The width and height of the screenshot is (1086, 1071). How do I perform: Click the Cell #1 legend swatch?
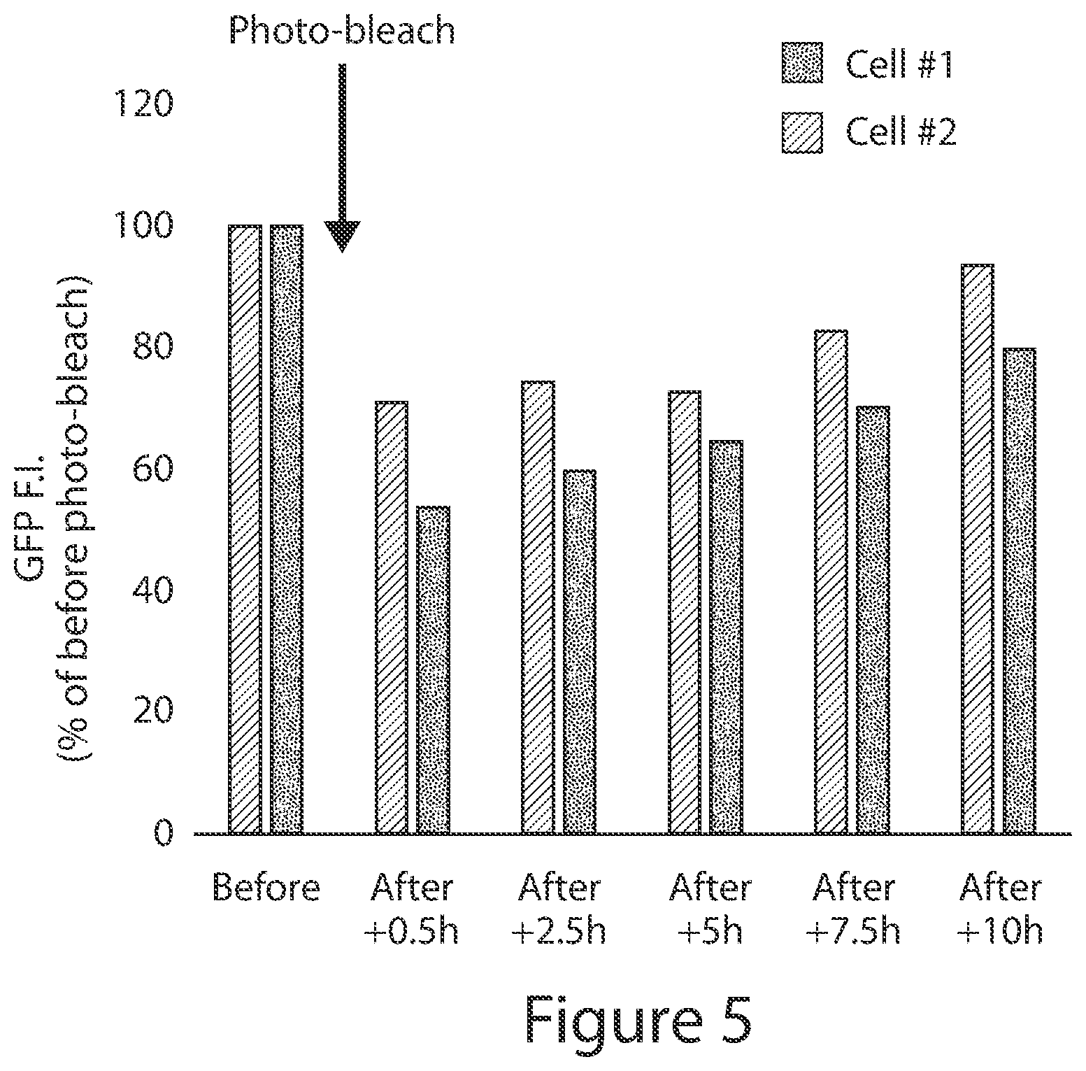tap(802, 64)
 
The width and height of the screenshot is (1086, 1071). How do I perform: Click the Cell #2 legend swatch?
tap(802, 132)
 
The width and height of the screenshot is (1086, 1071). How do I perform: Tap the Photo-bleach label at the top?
tap(342, 31)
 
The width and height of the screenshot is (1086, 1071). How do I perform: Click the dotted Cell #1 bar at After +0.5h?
tap(433, 670)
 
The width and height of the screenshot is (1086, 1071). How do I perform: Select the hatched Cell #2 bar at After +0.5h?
tap(392, 618)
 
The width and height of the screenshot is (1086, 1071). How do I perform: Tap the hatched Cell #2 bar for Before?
tap(245, 530)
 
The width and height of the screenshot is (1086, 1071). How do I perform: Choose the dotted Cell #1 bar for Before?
tap(287, 530)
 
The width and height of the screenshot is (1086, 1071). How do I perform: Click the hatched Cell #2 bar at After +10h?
tap(978, 549)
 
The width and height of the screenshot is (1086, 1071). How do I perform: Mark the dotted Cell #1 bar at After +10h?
tap(1019, 591)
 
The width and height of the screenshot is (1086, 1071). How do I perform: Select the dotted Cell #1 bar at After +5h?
tap(727, 637)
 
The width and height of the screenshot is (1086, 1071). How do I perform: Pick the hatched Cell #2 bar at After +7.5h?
tap(831, 582)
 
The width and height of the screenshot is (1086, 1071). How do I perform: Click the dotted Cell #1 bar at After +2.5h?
tap(580, 652)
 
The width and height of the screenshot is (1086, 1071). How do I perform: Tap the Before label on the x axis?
tap(266, 888)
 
